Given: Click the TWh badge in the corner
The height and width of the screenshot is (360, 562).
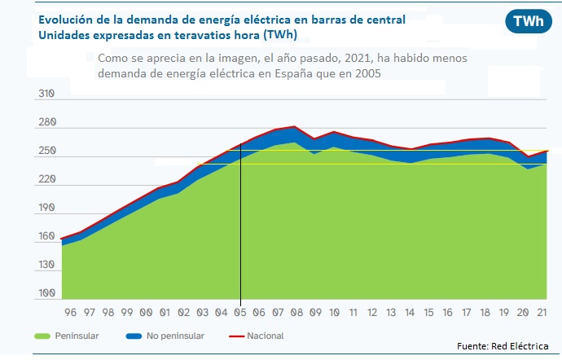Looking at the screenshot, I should (x=529, y=22).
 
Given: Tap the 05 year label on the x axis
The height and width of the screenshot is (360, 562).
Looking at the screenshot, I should (x=240, y=312).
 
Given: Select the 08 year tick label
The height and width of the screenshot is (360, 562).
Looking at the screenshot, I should (x=297, y=312).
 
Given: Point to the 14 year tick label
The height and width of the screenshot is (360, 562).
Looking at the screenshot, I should (x=411, y=312).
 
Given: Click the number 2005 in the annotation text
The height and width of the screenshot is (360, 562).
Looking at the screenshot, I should (x=366, y=73).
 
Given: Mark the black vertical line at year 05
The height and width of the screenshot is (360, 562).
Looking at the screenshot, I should (x=240, y=228).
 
